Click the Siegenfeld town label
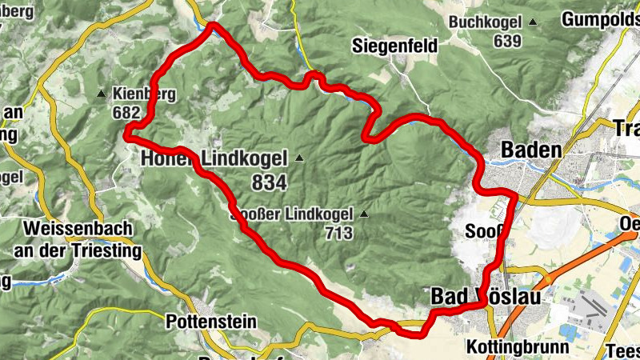pos(394,47)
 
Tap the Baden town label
pos(530,150)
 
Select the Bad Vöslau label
pos(486,297)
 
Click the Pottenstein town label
pos(211,322)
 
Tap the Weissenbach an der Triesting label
pos(78,240)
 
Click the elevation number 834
pos(268,183)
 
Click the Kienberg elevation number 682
pos(126,113)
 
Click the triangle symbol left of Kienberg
pos(101,94)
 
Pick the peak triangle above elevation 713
pos(365,214)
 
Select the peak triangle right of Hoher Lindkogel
pos(299,158)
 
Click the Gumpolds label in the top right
pos(600,18)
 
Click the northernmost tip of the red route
pos(213,26)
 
